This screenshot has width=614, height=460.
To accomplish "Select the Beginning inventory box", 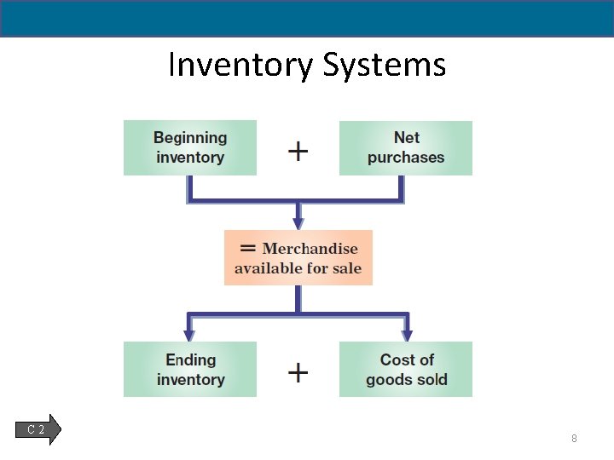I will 190,147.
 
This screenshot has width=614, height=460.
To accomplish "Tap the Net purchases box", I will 406,147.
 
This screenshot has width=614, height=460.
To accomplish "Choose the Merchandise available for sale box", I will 298,258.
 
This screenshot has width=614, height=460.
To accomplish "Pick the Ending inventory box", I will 190,370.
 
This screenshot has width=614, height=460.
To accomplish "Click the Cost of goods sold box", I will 406,370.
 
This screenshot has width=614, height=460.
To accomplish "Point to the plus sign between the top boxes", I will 298,152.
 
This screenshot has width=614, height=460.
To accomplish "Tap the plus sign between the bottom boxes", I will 298,372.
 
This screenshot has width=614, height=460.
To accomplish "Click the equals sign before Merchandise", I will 248,248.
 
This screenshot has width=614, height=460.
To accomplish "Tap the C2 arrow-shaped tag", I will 38,429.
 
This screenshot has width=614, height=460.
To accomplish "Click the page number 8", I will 574,439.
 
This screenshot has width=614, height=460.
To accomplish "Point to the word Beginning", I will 190,137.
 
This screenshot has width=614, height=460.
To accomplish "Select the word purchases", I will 406,158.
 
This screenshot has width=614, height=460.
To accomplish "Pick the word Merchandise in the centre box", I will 310,249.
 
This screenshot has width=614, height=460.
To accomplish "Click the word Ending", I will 191,359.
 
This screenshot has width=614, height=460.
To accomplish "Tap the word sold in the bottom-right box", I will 431,380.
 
